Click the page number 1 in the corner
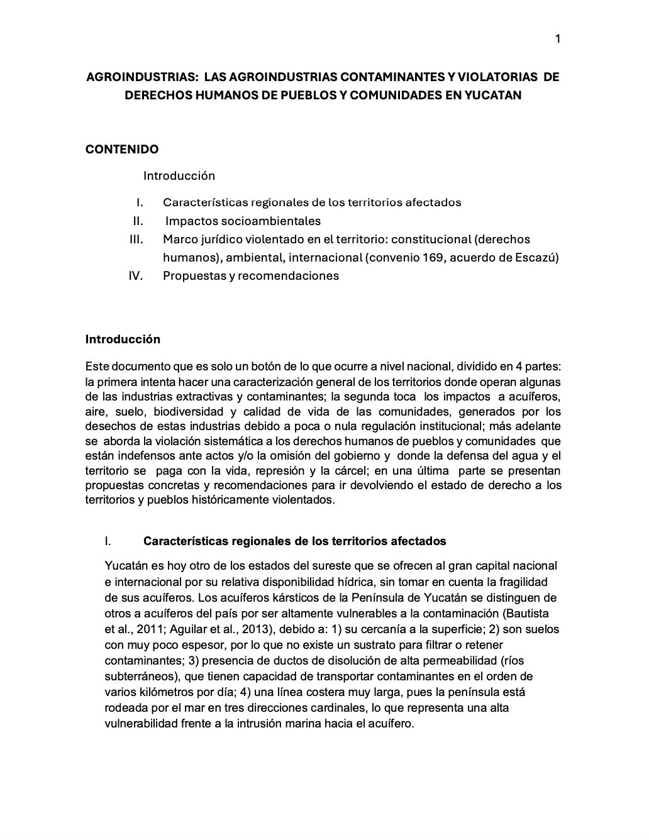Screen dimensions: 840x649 tap(557, 39)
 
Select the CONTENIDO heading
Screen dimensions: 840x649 tap(122, 149)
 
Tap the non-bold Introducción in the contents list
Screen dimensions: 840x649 tap(179, 175)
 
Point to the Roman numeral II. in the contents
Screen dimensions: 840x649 tap(138, 221)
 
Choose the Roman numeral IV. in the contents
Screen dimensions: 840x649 tap(136, 275)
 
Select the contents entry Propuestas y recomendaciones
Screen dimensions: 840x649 tap(251, 275)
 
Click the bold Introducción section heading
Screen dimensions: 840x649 tap(123, 339)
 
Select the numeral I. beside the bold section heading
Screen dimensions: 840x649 tap(108, 541)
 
